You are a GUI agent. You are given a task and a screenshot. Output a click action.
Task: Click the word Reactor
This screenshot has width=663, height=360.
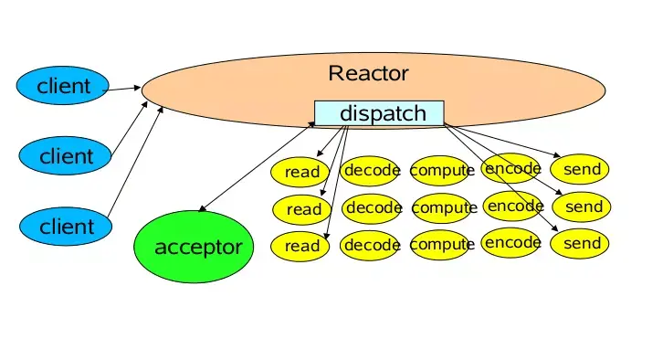tap(368, 73)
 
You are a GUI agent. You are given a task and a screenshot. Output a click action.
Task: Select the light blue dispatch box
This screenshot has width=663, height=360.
tap(379, 113)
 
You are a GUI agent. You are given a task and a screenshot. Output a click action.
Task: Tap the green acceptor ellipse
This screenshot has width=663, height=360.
tap(194, 247)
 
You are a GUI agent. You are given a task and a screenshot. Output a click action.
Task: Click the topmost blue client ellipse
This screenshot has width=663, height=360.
tap(63, 86)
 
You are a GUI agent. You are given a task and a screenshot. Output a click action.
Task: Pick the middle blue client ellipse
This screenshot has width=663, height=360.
tap(65, 155)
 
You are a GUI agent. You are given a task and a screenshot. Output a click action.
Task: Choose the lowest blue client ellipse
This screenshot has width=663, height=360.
tap(66, 226)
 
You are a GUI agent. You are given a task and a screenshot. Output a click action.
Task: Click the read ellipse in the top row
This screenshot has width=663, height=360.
tap(300, 172)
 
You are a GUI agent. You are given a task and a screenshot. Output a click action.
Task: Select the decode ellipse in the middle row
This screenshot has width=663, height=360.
tap(372, 207)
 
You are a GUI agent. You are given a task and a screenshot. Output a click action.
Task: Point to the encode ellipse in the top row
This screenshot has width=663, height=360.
tap(510, 168)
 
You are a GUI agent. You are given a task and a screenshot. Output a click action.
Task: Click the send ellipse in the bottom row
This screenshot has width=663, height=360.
tap(580, 244)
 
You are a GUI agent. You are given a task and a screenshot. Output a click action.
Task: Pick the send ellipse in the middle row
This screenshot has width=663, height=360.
tap(582, 206)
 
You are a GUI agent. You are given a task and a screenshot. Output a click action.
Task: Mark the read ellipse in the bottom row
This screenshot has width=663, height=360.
tap(300, 246)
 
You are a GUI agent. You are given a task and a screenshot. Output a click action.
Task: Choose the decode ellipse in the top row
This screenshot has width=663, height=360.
tap(370, 171)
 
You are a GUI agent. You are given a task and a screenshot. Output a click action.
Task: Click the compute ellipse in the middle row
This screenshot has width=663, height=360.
tap(442, 208)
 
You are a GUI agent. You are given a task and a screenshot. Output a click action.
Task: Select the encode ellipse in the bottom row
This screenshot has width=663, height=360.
tap(510, 243)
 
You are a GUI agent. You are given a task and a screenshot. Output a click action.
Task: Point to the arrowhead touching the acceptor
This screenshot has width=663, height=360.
tap(202, 208)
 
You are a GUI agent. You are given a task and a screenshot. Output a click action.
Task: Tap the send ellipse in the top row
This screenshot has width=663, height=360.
tap(580, 169)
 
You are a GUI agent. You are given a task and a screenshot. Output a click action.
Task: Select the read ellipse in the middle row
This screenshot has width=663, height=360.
tap(302, 209)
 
